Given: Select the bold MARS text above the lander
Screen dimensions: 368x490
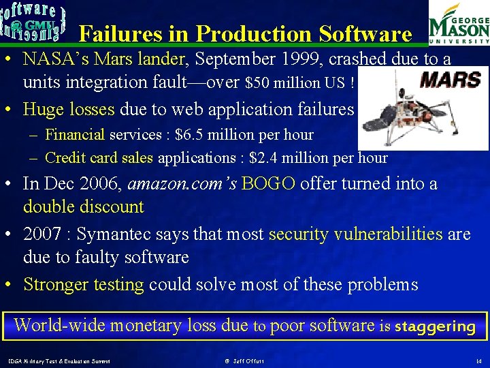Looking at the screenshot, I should [450, 80].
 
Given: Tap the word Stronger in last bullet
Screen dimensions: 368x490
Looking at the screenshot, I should [56, 284].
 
